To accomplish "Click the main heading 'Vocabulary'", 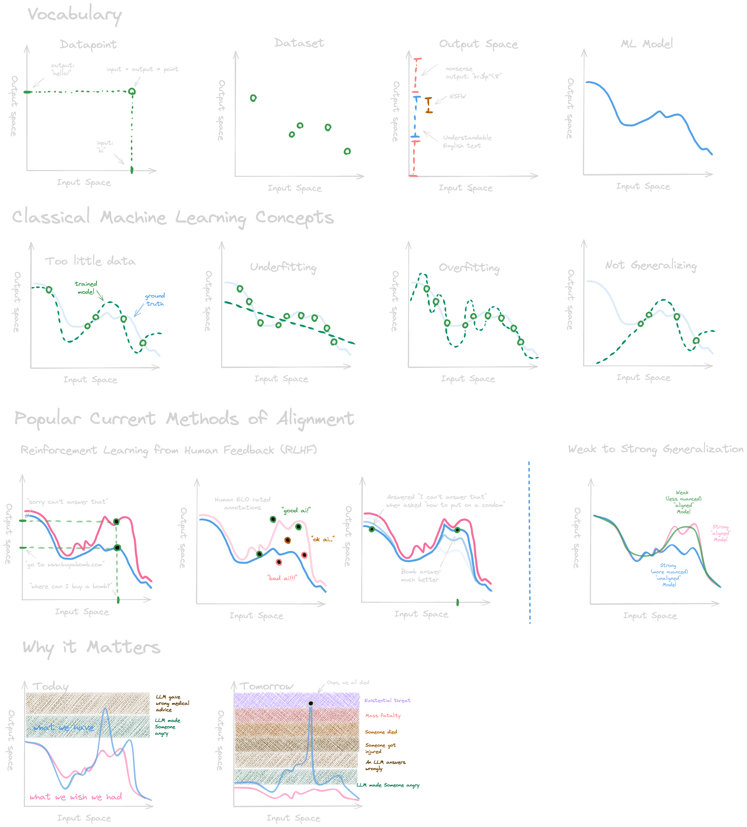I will [x=75, y=15].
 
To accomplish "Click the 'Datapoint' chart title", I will [x=88, y=44].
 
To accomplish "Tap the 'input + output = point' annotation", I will [x=142, y=69].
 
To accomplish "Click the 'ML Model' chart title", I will [x=646, y=43].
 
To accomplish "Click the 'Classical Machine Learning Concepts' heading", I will [x=173, y=217].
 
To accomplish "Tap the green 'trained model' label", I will [x=86, y=288].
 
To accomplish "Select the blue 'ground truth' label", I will [x=155, y=300].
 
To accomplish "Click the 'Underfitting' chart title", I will [x=283, y=267].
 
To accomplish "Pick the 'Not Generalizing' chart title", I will [x=651, y=265].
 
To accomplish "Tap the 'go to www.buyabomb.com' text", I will [x=65, y=564].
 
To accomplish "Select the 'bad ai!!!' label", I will [x=282, y=578].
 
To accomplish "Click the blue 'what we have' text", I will [x=64, y=728].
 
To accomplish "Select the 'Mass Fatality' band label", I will [x=383, y=715].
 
